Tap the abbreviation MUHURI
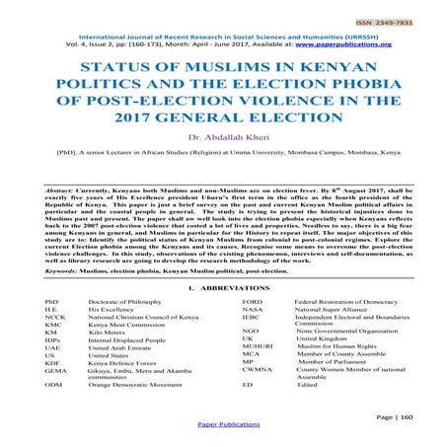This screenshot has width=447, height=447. point(260,347)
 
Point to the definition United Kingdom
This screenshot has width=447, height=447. point(329,338)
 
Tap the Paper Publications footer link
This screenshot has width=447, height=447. point(223,436)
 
